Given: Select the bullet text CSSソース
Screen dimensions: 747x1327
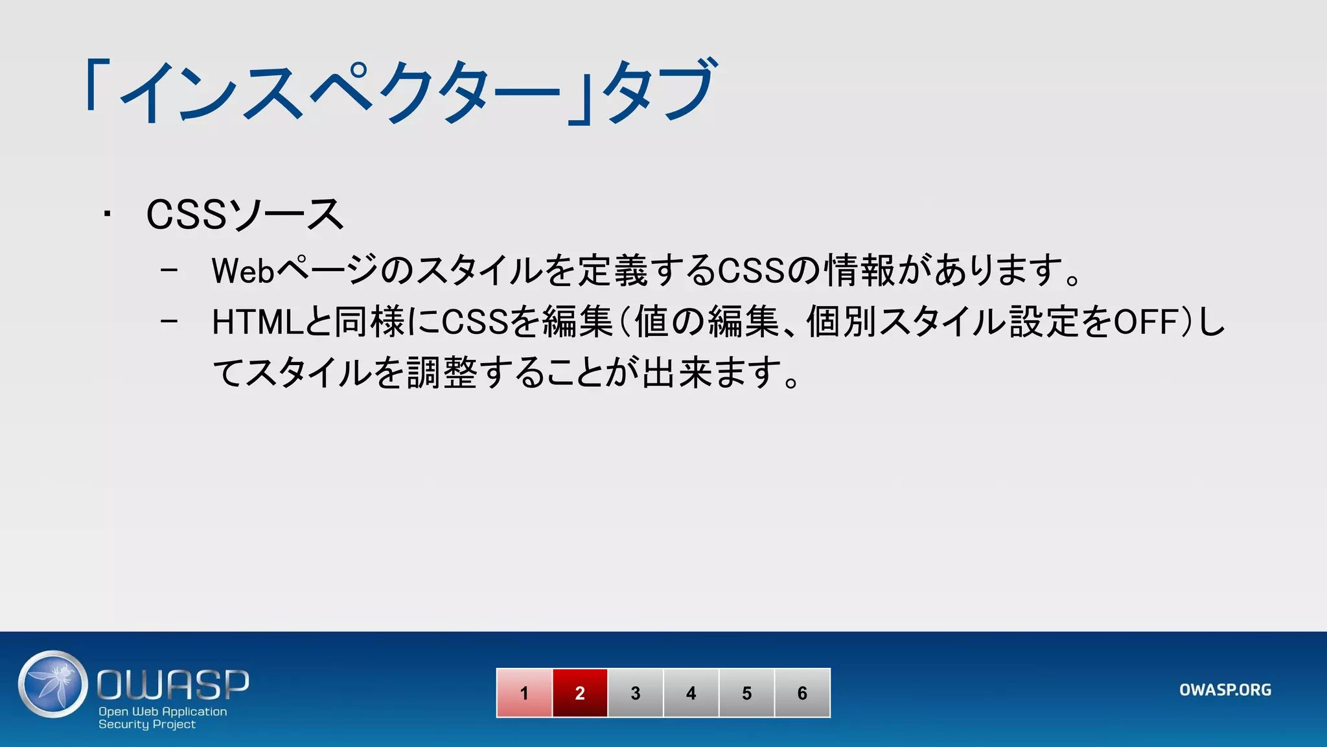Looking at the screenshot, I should [x=245, y=215].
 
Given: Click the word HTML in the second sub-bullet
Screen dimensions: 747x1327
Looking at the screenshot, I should [x=258, y=322].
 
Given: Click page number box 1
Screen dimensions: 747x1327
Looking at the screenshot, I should [x=524, y=693].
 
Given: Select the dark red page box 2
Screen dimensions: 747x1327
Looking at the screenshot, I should [x=580, y=693].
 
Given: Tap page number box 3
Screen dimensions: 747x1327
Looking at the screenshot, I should [x=636, y=693].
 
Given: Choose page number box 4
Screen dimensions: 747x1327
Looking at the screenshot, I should [x=691, y=693].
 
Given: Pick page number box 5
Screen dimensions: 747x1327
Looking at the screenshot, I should [x=747, y=693].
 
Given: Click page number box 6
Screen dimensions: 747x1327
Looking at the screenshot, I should [x=802, y=693].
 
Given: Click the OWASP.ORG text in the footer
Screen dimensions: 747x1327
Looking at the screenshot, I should [x=1225, y=690].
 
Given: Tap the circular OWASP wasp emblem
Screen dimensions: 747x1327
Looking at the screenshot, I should [x=53, y=684].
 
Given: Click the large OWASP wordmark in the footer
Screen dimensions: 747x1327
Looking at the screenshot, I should [x=173, y=685].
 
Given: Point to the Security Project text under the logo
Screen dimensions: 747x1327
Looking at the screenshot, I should [x=147, y=724].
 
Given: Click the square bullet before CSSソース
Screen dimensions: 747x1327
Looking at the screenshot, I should [x=107, y=214].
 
